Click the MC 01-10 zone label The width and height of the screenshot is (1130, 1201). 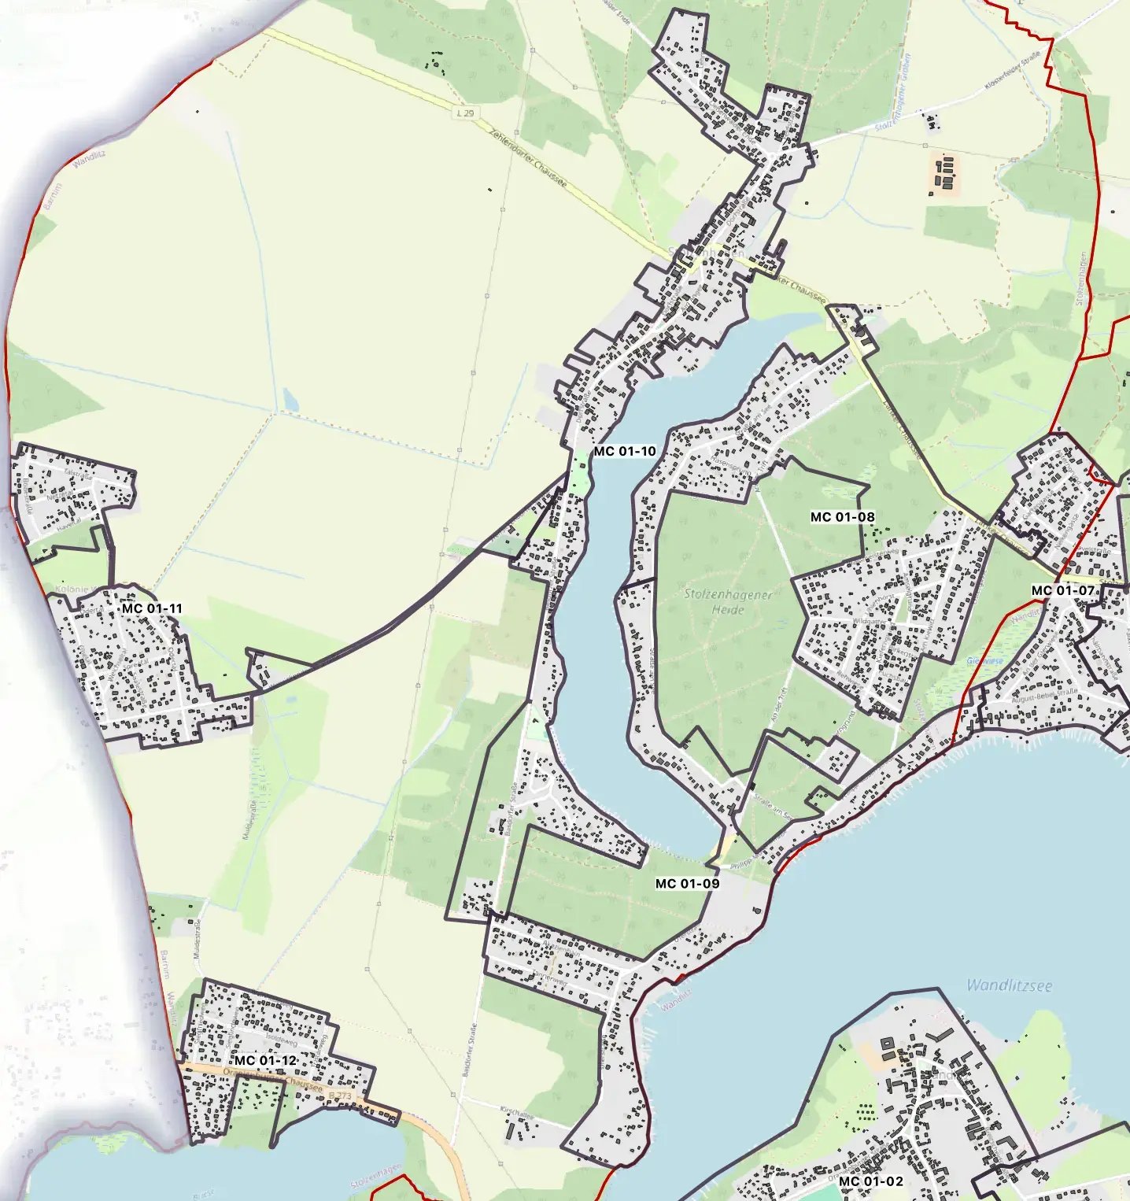[x=625, y=451]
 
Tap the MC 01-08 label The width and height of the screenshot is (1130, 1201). [x=842, y=517]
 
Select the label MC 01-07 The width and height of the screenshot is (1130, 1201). [x=1062, y=590]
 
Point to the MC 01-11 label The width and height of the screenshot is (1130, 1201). [x=152, y=608]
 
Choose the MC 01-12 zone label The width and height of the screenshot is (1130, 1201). [x=265, y=1060]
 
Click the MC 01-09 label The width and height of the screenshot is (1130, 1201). [x=687, y=884]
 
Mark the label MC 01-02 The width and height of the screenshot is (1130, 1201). [x=871, y=1181]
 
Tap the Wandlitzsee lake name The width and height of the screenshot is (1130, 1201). [x=1009, y=985]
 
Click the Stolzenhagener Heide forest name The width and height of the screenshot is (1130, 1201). [x=727, y=601]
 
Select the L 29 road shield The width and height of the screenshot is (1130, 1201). [x=466, y=113]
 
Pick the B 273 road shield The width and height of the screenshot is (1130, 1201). [x=341, y=1095]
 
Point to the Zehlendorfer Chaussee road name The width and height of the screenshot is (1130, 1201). [x=527, y=158]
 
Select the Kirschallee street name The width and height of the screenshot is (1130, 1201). [x=517, y=1114]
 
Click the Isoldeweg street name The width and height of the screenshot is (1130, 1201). [x=282, y=1038]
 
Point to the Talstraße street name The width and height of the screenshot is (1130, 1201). [x=78, y=474]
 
